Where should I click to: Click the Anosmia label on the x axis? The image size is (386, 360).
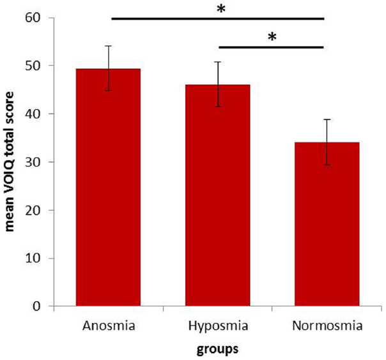(x=108, y=326)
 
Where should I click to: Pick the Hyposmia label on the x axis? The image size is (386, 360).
(x=218, y=326)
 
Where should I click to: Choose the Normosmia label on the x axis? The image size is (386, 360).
(x=327, y=326)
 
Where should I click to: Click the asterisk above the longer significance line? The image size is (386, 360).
(x=221, y=9)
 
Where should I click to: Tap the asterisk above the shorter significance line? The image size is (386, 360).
(x=272, y=38)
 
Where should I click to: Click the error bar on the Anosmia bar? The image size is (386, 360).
(x=108, y=68)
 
